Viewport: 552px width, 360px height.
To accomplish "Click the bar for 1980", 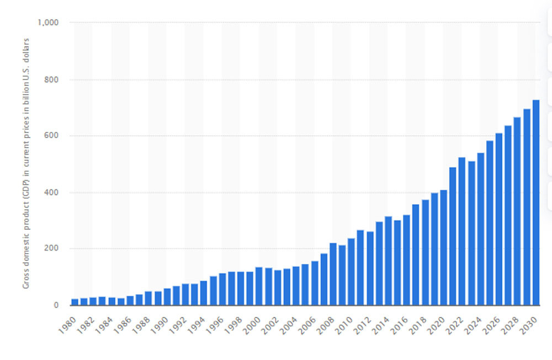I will coord(75,301).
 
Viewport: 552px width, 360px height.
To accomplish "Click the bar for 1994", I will coord(204,293).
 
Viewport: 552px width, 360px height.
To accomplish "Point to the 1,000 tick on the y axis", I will coord(49,23).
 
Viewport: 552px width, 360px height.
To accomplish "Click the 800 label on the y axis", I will coord(52,80).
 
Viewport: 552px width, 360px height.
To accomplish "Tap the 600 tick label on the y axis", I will coord(52,136).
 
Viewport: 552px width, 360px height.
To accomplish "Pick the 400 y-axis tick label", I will coord(52,193).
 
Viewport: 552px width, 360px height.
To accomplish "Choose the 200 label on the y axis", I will coord(52,248).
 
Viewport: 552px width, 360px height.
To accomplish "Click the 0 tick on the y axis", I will coord(56,305).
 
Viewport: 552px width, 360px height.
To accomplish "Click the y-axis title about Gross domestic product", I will coord(26,163).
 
